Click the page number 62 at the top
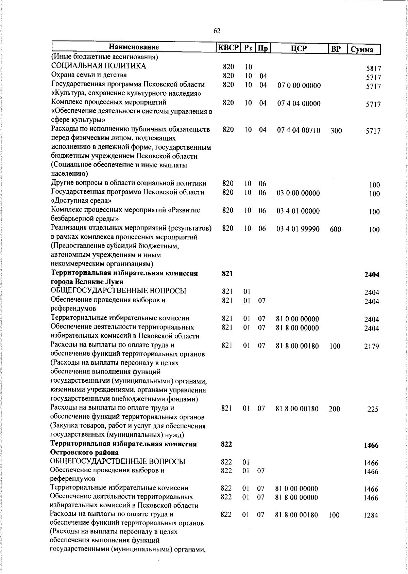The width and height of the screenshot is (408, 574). click(217, 31)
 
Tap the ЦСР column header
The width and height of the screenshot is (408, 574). click(299, 48)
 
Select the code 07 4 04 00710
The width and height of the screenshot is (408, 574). click(299, 130)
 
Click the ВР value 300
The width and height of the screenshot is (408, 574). click(336, 131)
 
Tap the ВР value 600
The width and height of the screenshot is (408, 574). click(335, 229)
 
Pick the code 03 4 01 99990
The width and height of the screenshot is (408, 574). click(298, 229)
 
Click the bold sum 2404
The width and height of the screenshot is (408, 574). click(372, 275)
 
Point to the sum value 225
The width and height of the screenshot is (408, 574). click(373, 409)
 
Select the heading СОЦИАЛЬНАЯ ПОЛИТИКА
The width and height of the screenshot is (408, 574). click(99, 66)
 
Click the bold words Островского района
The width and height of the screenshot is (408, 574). click(84, 453)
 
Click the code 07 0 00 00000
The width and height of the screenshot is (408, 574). click(299, 85)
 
